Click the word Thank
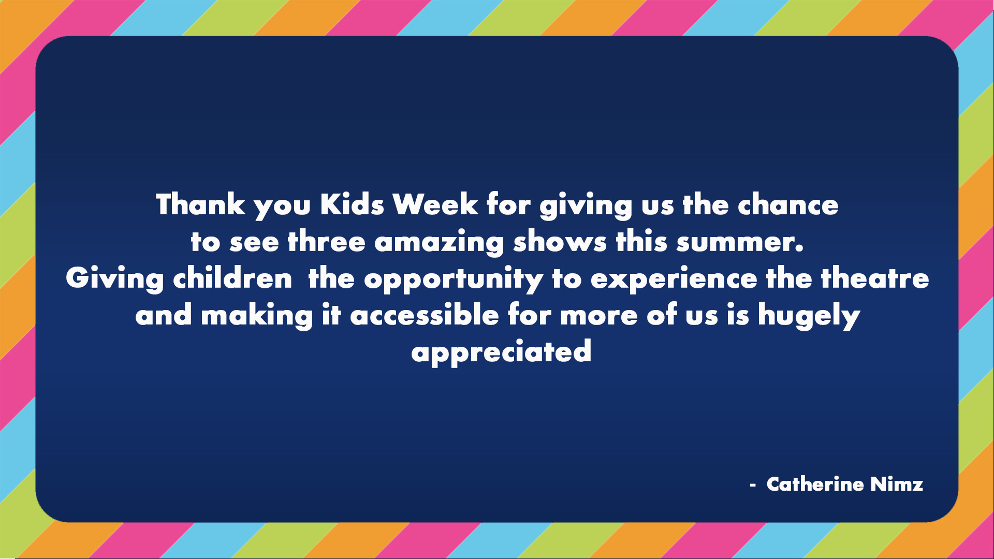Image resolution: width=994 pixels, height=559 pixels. [x=200, y=204]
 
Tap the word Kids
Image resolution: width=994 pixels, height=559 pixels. [x=352, y=204]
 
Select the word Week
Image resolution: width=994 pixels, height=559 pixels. [x=435, y=204]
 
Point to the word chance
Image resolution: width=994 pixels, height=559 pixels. [x=787, y=205]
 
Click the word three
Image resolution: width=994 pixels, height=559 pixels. [x=326, y=242]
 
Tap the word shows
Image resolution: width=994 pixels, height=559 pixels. [x=560, y=242]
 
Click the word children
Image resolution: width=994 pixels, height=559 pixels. [x=232, y=278]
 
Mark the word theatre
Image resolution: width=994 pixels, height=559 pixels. [x=875, y=278]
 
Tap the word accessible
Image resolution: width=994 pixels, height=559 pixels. [x=425, y=315]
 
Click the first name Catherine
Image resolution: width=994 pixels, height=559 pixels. [x=815, y=484]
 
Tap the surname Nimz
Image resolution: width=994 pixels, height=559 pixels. [x=897, y=484]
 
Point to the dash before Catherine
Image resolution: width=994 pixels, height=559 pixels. [x=753, y=486]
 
